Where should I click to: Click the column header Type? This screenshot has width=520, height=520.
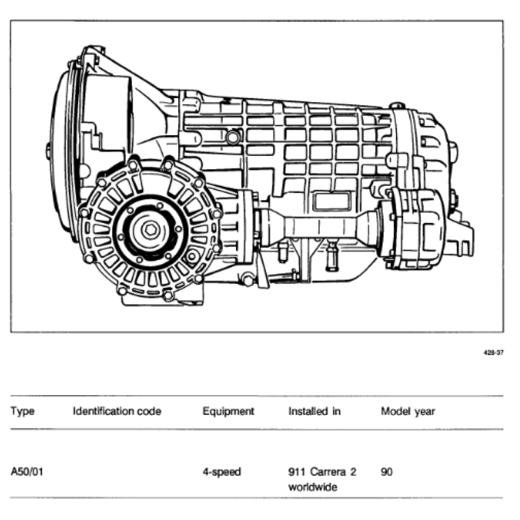tap(23, 411)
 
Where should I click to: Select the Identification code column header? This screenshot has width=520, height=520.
tap(117, 411)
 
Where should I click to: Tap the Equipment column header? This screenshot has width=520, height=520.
tap(228, 411)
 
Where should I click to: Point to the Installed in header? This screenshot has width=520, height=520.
tap(315, 411)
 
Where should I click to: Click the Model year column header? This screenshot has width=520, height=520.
tap(408, 411)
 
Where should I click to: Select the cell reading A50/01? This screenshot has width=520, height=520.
tap(27, 471)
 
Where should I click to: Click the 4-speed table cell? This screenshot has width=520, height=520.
tap(222, 471)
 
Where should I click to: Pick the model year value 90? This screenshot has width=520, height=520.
tap(387, 471)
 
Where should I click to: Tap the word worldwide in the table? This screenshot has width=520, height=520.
tap(313, 487)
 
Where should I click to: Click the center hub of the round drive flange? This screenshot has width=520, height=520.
tap(150, 229)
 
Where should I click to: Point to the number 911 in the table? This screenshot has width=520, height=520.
tap(296, 471)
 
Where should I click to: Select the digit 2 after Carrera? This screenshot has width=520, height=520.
tap(353, 471)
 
